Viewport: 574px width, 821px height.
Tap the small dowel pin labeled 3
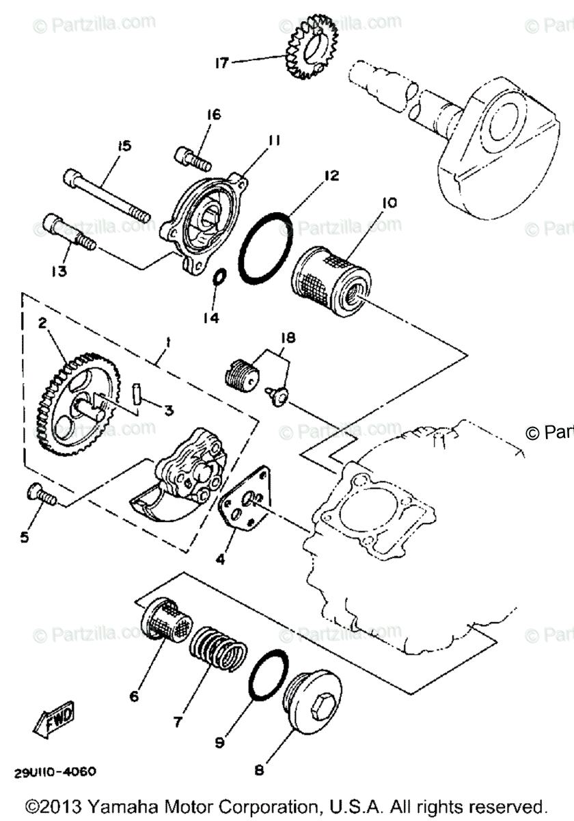[x=136, y=397]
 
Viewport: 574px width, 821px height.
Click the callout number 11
[x=274, y=141]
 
